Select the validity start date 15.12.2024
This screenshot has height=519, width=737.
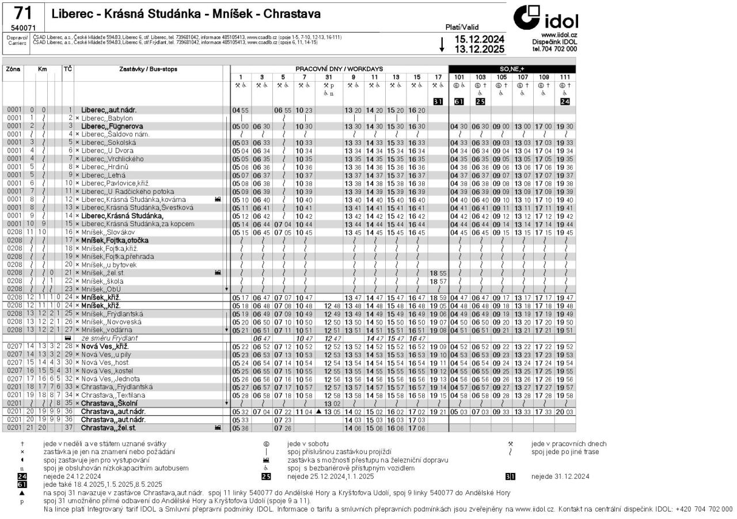479,39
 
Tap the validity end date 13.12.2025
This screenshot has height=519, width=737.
479,49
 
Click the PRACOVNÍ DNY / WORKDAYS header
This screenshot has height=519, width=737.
339,69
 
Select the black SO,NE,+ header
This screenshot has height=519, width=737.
512,69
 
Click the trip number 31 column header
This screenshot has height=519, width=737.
329,77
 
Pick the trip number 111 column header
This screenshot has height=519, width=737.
565,77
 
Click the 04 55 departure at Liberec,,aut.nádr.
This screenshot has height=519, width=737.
240,110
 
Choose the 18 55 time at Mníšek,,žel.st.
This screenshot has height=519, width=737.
437,273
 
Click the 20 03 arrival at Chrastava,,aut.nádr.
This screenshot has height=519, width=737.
565,412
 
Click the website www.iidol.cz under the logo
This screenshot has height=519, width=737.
548,35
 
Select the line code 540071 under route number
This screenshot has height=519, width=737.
23,28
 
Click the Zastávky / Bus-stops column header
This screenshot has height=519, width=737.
148,69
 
